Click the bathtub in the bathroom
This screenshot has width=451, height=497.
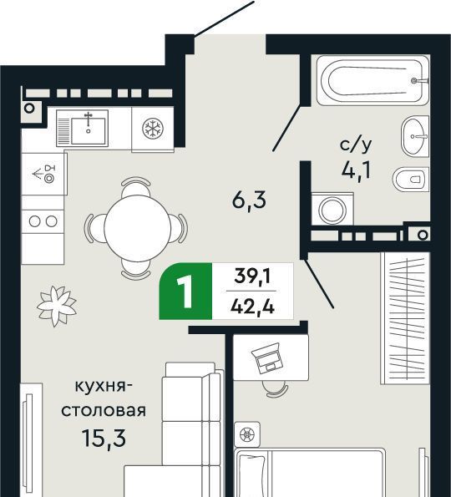pos(372,80)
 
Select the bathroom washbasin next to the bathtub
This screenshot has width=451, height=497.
pos(415,136)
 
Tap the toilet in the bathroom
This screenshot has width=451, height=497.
pos(411,179)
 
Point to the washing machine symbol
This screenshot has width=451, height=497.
pos(332,209)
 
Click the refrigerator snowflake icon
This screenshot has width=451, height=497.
pos(153,129)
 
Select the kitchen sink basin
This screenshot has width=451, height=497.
pos(88,131)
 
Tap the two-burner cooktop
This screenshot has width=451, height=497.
pos(43,221)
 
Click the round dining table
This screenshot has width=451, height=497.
pos(137,228)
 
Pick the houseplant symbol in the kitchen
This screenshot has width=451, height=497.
pos(57,306)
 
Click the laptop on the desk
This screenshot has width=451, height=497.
pos(266,358)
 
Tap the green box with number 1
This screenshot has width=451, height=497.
pos(185,291)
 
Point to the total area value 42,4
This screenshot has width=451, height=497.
pos(252,307)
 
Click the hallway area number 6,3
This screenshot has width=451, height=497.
pos(249,200)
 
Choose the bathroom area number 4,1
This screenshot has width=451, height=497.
pos(356,170)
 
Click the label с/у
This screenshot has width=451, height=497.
pos(356,145)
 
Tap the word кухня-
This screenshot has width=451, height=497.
pos(104,387)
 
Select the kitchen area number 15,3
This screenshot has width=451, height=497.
pos(104,438)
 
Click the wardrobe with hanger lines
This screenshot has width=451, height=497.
pos(406,318)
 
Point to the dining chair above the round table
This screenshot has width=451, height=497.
pos(136,186)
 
